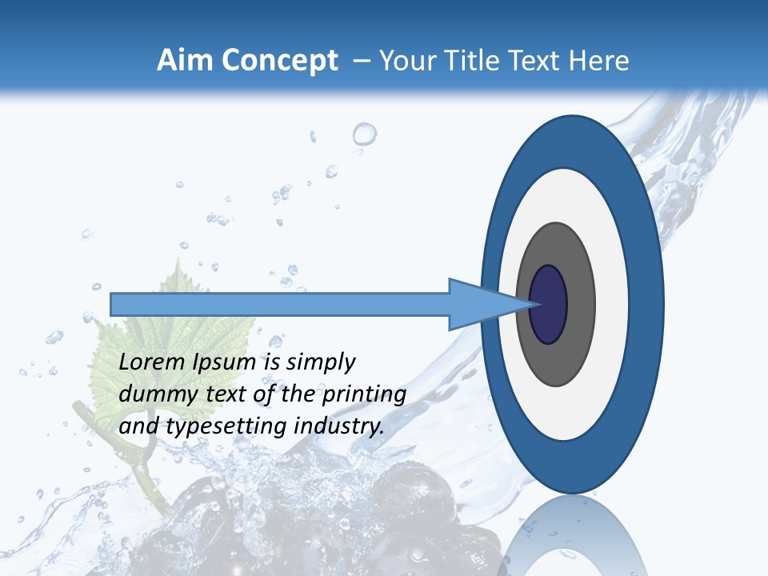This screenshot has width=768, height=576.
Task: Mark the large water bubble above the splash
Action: (364, 134)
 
